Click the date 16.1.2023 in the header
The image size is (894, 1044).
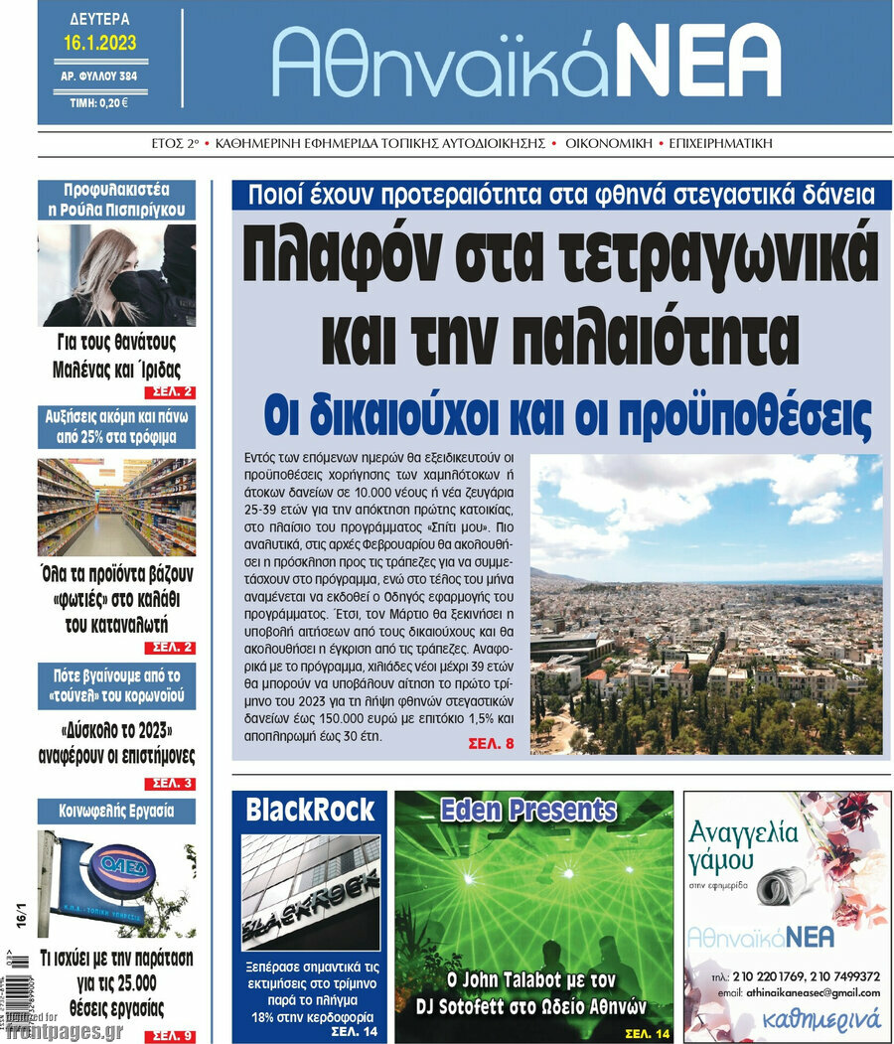[99, 43]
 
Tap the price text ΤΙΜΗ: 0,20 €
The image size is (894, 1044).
[99, 101]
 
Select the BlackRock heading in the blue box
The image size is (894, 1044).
[310, 810]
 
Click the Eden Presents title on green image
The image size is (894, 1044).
[528, 811]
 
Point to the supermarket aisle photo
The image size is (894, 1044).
[116, 507]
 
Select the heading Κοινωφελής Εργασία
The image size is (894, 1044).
[116, 811]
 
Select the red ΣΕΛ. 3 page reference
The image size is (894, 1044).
[174, 784]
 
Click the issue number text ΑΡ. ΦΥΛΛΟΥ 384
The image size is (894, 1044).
[99, 75]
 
